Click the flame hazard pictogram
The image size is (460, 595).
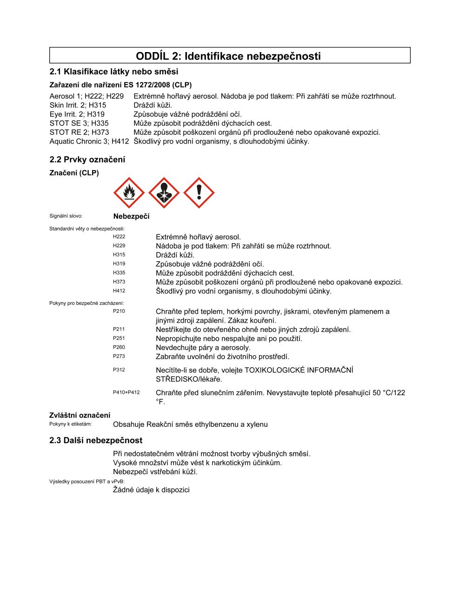(x=129, y=193)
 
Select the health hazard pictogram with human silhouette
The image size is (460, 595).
(x=164, y=193)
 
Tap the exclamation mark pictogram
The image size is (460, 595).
(x=199, y=193)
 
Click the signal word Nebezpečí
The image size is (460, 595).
(x=131, y=217)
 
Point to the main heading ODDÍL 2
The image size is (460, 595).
(x=228, y=56)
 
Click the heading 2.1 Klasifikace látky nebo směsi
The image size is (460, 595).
(x=114, y=72)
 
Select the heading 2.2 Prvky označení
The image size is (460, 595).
(x=87, y=159)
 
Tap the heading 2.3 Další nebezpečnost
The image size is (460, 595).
(x=96, y=440)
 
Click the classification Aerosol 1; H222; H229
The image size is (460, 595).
(x=87, y=96)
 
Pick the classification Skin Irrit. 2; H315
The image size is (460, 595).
(x=78, y=105)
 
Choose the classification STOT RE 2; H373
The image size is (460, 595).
(x=80, y=132)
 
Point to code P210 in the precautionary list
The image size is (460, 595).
(x=119, y=311)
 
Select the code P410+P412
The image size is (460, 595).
(x=126, y=392)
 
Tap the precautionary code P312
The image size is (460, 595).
(x=119, y=370)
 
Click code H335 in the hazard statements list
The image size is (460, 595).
(x=119, y=273)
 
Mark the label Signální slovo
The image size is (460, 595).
(x=66, y=216)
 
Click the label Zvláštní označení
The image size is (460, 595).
(x=80, y=415)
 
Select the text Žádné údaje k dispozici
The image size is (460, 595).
(x=151, y=490)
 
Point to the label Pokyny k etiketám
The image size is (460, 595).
(x=71, y=424)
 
